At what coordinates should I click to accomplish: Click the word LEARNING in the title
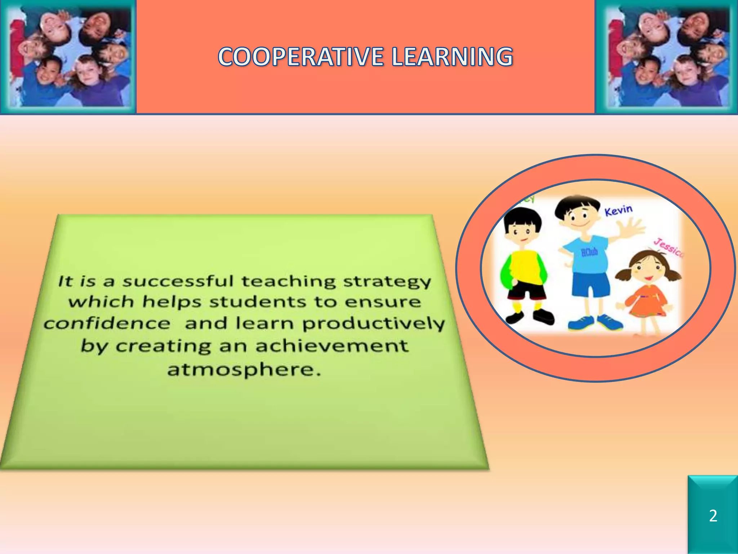(x=452, y=57)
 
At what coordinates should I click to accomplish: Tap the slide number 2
(x=713, y=516)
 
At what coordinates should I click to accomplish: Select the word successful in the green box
(x=178, y=281)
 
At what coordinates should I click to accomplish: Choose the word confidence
(x=107, y=323)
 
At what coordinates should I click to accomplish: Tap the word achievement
(x=332, y=346)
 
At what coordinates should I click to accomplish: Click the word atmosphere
(x=244, y=369)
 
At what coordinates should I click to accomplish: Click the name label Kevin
(x=618, y=210)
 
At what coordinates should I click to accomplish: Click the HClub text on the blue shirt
(x=589, y=252)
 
